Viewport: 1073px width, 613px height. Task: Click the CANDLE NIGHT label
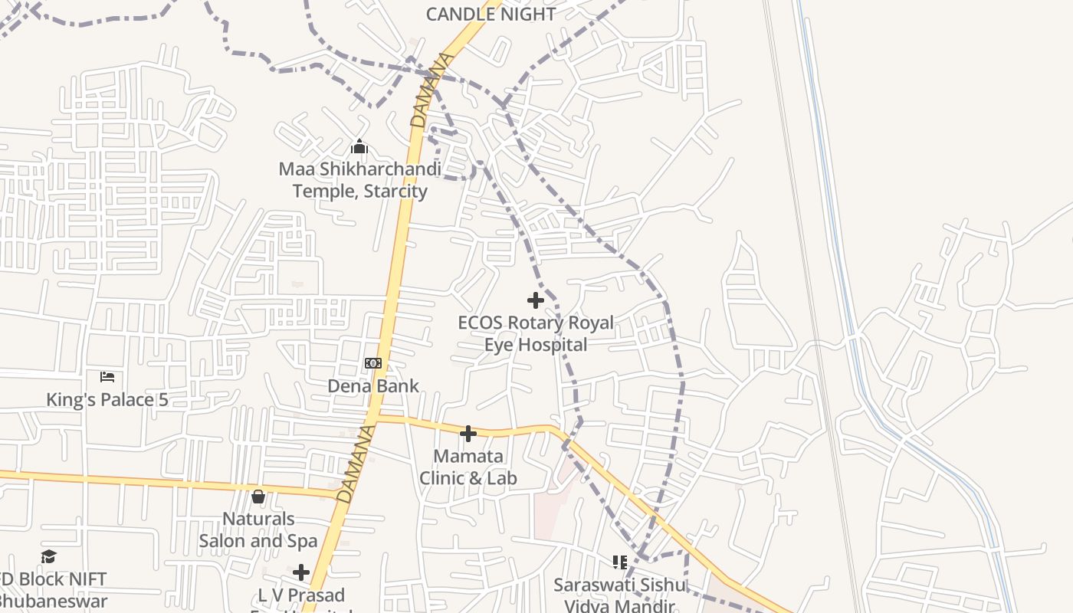[x=491, y=14]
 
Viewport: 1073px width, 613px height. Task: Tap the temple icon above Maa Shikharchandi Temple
[x=359, y=146]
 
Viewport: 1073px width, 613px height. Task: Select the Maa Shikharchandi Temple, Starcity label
[x=359, y=179]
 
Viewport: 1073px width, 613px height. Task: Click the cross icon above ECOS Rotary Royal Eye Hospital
[x=536, y=300]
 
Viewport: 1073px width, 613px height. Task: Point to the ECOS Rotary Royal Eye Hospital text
[x=536, y=333]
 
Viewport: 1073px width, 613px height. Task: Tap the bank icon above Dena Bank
[x=373, y=363]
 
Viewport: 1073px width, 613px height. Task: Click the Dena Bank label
[x=373, y=385]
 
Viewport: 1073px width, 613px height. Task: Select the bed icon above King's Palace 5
[x=107, y=377]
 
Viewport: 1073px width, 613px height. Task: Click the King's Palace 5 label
[x=107, y=399]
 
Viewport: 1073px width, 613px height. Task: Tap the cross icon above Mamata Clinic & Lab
[x=468, y=434]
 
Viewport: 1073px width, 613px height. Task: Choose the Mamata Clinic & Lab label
[x=468, y=467]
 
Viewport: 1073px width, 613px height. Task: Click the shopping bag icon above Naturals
[x=258, y=497]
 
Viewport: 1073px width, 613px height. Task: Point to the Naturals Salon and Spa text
[x=258, y=529]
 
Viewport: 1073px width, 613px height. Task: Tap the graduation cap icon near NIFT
[x=49, y=556]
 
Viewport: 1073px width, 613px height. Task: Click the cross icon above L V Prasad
[x=301, y=572]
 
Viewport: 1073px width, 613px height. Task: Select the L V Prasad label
[x=301, y=595]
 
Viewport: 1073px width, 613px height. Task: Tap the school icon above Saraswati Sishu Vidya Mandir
[x=620, y=563]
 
